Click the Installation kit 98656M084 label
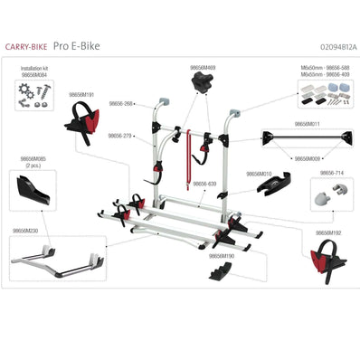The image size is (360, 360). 37,71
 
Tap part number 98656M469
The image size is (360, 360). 203,67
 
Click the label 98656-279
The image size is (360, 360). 120,136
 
